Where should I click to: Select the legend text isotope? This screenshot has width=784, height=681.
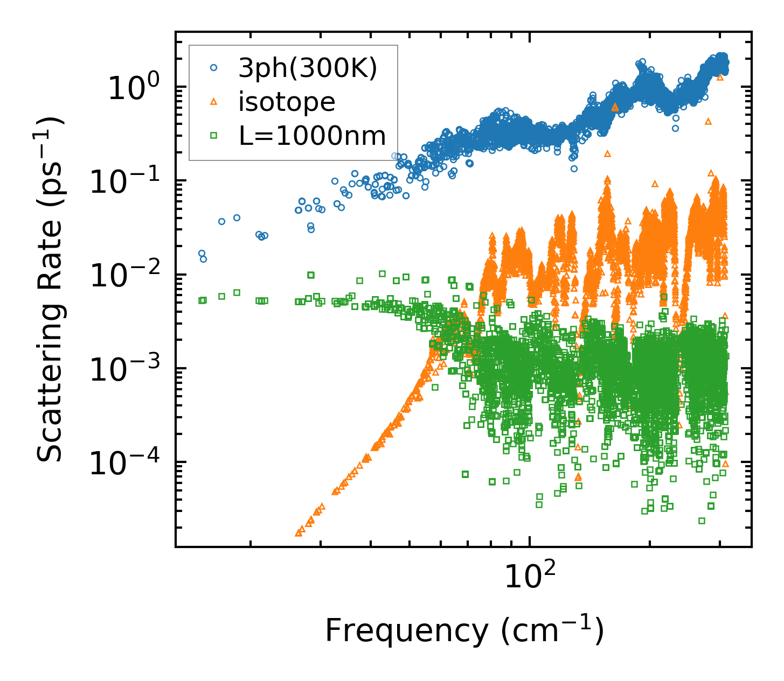(287, 102)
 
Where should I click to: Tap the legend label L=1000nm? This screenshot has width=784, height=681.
(313, 136)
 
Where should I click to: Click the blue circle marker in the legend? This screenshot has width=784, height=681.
(213, 68)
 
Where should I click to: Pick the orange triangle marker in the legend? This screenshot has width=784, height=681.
(213, 101)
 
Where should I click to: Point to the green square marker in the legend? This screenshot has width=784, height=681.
(213, 136)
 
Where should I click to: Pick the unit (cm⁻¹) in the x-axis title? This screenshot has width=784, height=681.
(552, 630)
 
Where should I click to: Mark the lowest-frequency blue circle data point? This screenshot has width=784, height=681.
(202, 253)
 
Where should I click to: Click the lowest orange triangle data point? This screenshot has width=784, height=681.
(299, 533)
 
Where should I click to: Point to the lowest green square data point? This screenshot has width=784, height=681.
(702, 521)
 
